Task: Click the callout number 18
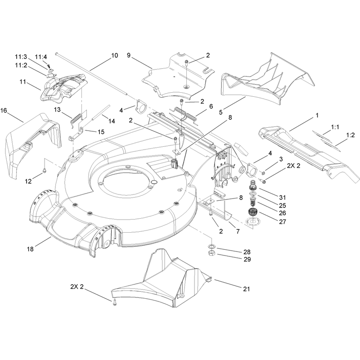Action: point(30,249)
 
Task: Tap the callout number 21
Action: point(246,289)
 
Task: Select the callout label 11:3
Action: point(21,57)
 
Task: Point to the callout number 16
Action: point(4,111)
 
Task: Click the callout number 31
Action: point(283,198)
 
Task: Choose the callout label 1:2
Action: point(351,135)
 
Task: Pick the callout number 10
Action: point(115,55)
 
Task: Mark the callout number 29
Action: point(247,260)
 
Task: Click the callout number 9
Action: point(129,55)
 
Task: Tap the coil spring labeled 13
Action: point(76,119)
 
